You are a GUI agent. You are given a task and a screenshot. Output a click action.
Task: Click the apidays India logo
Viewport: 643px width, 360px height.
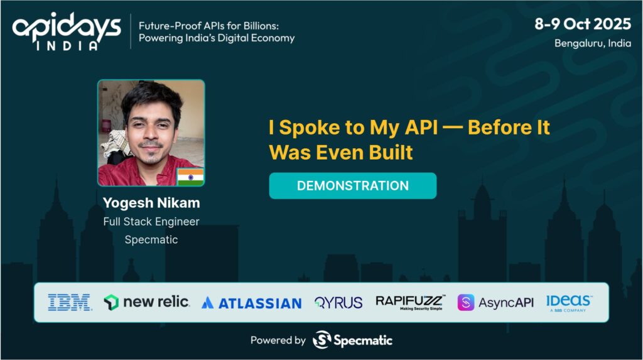pos(67,31)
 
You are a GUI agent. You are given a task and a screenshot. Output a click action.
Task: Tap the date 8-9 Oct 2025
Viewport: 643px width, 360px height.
pos(583,24)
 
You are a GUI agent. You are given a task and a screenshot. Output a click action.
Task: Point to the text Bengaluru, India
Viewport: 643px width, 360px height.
pos(593,43)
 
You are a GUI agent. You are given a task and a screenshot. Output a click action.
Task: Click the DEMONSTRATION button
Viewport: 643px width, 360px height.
pos(353,185)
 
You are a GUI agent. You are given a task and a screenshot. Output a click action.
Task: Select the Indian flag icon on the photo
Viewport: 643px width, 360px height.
pos(191,177)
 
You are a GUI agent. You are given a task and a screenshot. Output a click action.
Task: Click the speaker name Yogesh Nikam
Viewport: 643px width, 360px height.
pos(151,203)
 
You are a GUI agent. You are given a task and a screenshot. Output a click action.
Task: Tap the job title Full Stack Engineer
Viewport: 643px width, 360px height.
pos(151,222)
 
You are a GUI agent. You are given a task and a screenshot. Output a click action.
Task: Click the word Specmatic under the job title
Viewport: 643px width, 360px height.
pos(151,240)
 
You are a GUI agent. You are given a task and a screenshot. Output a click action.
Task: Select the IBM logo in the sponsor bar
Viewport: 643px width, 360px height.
pos(69,303)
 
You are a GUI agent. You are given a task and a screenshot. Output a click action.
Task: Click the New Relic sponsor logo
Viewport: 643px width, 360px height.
pos(146,302)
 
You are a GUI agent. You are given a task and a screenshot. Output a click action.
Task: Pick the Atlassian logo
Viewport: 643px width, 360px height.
pos(252,303)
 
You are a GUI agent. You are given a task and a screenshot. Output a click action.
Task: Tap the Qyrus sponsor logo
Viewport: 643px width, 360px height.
pos(338,303)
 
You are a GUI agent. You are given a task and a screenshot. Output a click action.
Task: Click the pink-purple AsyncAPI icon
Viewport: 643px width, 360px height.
pos(466,303)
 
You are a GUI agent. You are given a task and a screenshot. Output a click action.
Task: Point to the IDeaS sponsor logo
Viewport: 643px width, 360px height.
pos(568,303)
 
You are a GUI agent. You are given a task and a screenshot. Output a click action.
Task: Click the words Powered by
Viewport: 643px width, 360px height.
pos(278,341)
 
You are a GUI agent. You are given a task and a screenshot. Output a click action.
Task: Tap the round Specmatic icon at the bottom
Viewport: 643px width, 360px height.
pos(322,339)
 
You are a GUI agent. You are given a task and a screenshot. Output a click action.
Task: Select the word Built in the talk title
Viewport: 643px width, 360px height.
pos(391,153)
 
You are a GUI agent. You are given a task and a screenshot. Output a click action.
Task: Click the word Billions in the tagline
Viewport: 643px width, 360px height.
pos(261,26)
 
